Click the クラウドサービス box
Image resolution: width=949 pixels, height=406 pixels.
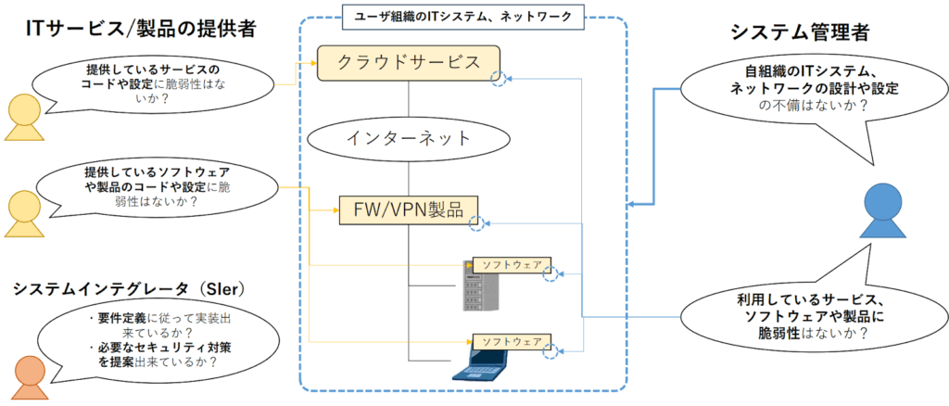click(x=408, y=63)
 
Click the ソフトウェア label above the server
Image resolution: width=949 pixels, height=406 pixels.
click(x=512, y=264)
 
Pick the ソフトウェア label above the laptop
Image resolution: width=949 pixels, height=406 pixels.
click(x=512, y=340)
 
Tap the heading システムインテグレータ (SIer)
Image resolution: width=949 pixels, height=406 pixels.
click(x=129, y=289)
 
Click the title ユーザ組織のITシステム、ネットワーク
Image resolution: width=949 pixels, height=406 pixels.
click(x=463, y=15)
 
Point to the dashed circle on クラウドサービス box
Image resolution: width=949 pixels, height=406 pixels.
click(x=500, y=80)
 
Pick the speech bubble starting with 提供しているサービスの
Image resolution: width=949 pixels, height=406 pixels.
click(x=153, y=81)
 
